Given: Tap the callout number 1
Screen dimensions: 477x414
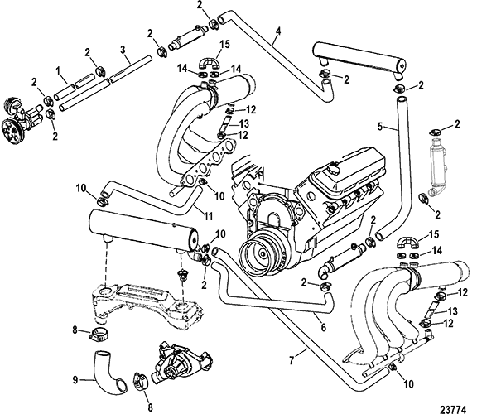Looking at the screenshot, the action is click(x=59, y=71).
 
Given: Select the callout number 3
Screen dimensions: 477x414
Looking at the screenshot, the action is click(x=123, y=50).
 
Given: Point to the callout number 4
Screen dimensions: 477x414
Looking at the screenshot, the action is click(x=278, y=31).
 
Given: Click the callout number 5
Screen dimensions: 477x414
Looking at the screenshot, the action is click(x=380, y=126).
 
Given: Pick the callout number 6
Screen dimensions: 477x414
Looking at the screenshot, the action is click(x=323, y=327).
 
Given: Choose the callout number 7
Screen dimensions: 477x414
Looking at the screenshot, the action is click(x=291, y=361).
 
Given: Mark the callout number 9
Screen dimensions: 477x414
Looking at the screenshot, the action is click(x=75, y=379).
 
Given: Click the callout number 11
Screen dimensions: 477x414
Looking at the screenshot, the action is click(x=208, y=217).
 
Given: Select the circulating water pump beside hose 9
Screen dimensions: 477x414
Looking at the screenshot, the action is click(x=182, y=362).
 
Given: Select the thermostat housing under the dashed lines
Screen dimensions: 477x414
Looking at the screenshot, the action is click(x=183, y=275).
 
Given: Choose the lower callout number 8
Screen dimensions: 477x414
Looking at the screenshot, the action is click(x=150, y=407).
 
